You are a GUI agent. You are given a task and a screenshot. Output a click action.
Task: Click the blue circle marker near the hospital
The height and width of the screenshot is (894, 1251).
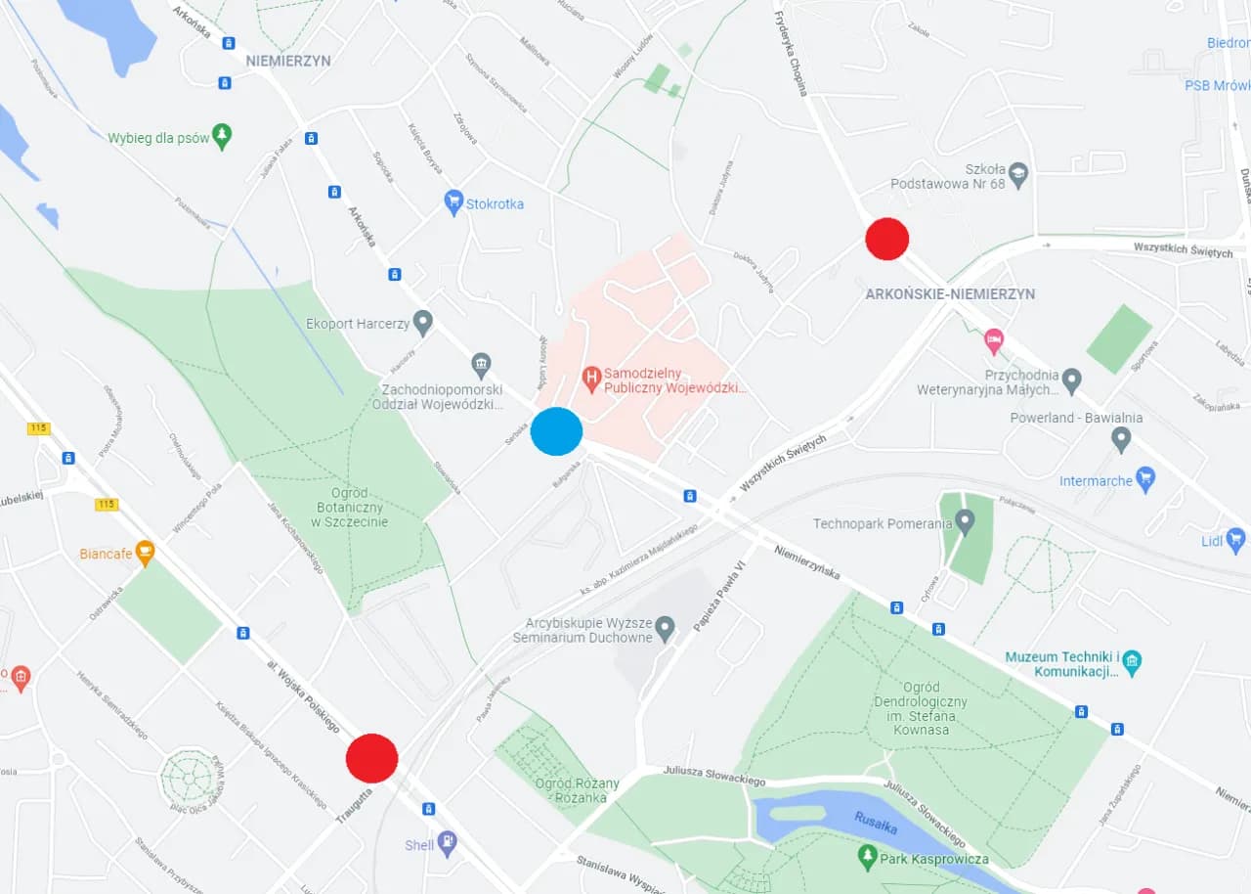556,431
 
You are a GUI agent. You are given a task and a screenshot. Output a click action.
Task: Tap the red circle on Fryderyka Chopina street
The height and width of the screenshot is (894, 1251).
887,239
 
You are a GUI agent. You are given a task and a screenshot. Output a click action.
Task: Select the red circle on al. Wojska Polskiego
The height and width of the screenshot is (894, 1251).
371,758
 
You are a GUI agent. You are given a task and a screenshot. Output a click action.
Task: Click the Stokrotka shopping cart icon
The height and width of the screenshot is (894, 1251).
453,202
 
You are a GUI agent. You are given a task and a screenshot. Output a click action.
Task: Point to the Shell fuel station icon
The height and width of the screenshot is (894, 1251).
447,842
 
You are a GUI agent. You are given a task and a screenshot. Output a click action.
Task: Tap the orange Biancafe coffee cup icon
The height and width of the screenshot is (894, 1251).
145,553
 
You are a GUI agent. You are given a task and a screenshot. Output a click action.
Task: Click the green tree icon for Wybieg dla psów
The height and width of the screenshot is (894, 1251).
223,136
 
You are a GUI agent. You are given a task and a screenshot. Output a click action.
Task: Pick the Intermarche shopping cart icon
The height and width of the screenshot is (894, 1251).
1145,478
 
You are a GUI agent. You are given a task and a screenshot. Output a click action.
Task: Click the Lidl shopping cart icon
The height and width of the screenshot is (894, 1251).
1235,539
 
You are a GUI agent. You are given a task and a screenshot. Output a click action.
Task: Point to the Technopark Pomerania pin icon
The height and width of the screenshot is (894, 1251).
966,522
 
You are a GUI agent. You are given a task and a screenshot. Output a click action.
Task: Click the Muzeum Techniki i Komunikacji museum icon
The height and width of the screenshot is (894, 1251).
1132,662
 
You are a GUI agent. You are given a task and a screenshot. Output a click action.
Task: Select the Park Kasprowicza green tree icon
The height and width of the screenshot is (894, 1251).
866,858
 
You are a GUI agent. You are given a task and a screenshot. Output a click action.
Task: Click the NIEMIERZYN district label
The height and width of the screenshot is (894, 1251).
288,61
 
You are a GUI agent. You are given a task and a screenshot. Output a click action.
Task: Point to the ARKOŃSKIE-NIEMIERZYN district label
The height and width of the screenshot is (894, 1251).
950,293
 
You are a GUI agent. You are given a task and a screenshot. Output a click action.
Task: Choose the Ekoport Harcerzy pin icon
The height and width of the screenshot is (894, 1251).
422,322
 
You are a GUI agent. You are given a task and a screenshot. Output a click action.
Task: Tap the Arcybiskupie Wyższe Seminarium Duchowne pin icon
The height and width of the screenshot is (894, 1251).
666,627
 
